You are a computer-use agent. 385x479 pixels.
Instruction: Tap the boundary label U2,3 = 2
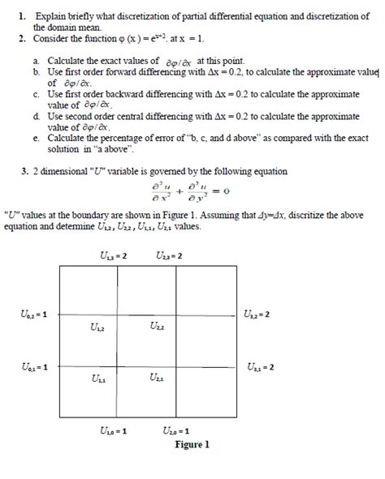pos(169,256)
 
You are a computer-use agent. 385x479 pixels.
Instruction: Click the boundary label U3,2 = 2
pos(257,314)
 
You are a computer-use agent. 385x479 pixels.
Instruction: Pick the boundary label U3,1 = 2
pos(260,366)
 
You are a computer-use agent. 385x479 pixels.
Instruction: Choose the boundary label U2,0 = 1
pos(175,430)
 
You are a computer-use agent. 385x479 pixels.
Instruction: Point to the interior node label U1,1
pos(97,378)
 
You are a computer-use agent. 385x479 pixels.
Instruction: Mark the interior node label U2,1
pos(158,378)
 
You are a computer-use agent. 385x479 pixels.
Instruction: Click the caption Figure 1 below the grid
pos(192,444)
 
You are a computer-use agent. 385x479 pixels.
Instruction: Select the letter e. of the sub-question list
pos(37,139)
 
